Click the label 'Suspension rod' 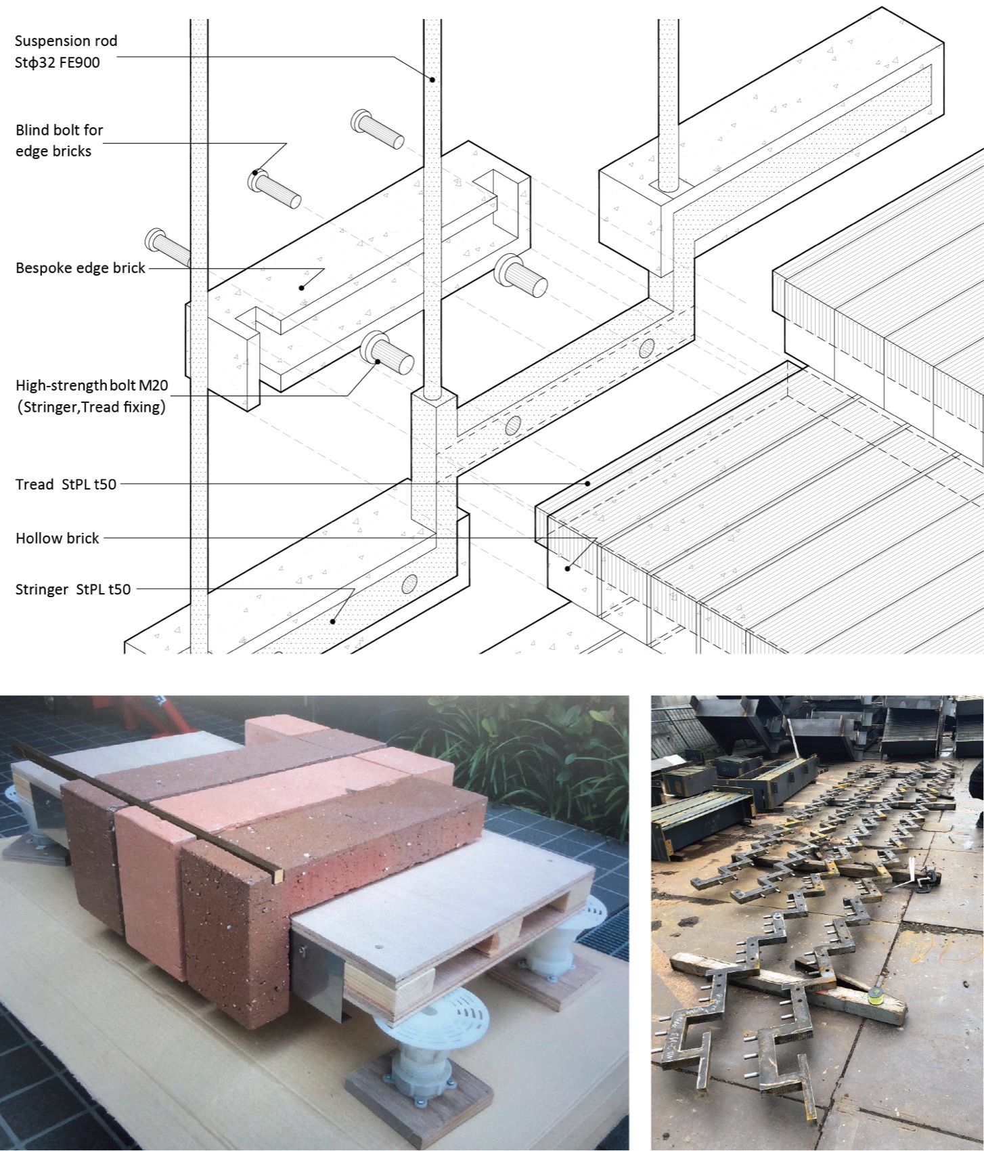[x=66, y=41]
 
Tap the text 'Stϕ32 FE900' [x=57, y=63]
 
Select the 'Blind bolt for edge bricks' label [x=59, y=140]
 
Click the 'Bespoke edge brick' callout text [x=80, y=268]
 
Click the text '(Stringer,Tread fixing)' [x=91, y=408]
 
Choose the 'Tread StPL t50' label [x=66, y=484]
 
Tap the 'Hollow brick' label [x=57, y=538]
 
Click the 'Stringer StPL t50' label [x=72, y=589]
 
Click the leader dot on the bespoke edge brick [x=302, y=288]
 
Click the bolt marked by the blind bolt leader [x=274, y=188]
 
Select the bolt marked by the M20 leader [x=386, y=351]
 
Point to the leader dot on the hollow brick [x=568, y=569]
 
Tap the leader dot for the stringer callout [x=332, y=620]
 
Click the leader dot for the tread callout [x=588, y=483]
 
